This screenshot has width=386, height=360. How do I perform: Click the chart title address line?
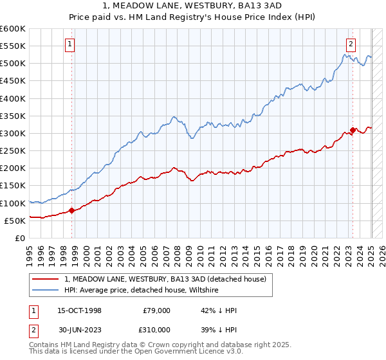[x=193, y=6]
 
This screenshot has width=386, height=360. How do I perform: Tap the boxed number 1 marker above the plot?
[x=69, y=44]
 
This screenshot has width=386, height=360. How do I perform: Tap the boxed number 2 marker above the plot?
[x=351, y=44]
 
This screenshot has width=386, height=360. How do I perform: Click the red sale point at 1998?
[x=72, y=210]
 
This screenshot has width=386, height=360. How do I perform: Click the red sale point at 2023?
[x=353, y=130]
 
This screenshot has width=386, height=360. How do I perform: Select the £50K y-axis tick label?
[x=15, y=221]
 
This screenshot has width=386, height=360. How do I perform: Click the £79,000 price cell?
[x=156, y=310]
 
